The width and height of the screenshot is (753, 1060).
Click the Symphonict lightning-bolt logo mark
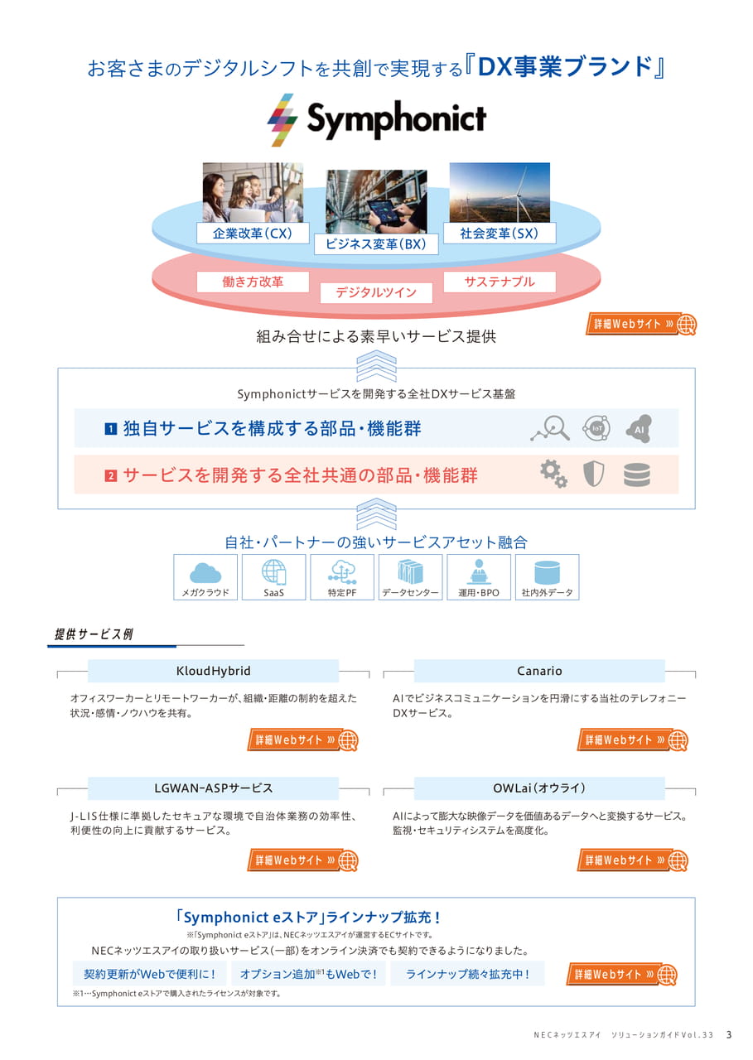pyautogui.click(x=282, y=120)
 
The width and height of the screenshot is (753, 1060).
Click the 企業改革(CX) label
pyautogui.click(x=253, y=234)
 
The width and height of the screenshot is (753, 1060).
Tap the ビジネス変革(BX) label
pyautogui.click(x=376, y=244)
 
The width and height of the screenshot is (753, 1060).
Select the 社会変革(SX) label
pyautogui.click(x=500, y=234)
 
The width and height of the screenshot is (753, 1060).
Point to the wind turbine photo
pyautogui.click(x=500, y=193)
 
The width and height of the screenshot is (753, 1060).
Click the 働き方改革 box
pyautogui.click(x=253, y=282)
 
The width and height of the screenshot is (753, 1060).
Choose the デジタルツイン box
pyautogui.click(x=376, y=292)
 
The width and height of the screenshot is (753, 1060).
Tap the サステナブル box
pyautogui.click(x=500, y=282)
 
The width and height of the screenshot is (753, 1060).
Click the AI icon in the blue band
pyautogui.click(x=639, y=428)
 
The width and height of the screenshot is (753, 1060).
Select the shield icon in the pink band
pyautogui.click(x=593, y=475)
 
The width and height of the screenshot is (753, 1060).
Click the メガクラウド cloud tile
pyautogui.click(x=205, y=577)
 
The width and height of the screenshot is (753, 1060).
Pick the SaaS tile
pyautogui.click(x=273, y=577)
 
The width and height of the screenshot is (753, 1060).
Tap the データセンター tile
pyautogui.click(x=410, y=577)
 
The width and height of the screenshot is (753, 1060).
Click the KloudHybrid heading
pyautogui.click(x=213, y=671)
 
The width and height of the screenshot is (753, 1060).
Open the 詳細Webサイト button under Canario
pyautogui.click(x=632, y=740)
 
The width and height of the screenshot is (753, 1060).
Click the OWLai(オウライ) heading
pyautogui.click(x=539, y=788)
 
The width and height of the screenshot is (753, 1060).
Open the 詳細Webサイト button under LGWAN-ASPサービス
pyautogui.click(x=302, y=860)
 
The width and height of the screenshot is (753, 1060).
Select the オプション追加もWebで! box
pyautogui.click(x=308, y=973)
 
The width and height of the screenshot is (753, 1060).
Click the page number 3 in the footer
pyautogui.click(x=729, y=1035)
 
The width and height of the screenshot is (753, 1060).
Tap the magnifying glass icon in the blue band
pyautogui.click(x=550, y=428)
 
